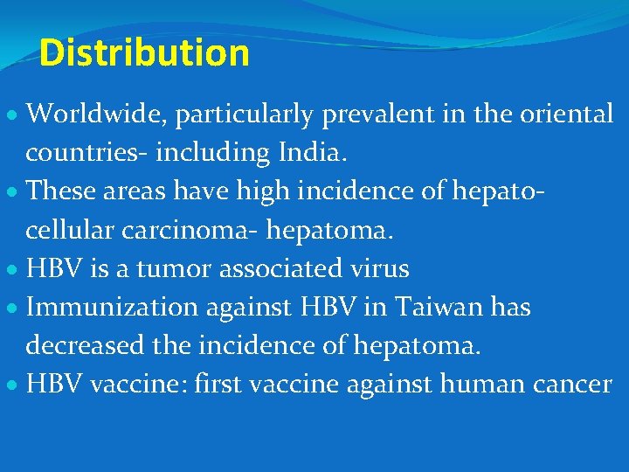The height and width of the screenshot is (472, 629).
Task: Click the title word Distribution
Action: point(144,52)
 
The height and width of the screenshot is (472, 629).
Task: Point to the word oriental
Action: point(563,114)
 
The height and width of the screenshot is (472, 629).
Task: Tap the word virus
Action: point(377,268)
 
